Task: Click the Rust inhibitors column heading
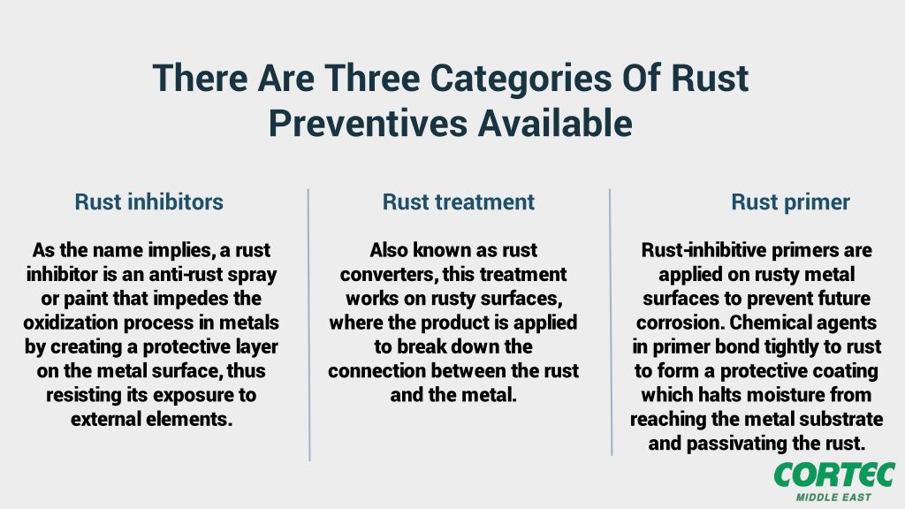[x=148, y=201]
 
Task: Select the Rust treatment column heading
[x=458, y=201]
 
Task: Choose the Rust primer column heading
[x=790, y=201]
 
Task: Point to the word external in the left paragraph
[x=109, y=418]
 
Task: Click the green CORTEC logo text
[x=833, y=474]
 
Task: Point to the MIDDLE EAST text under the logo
[x=833, y=497]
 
